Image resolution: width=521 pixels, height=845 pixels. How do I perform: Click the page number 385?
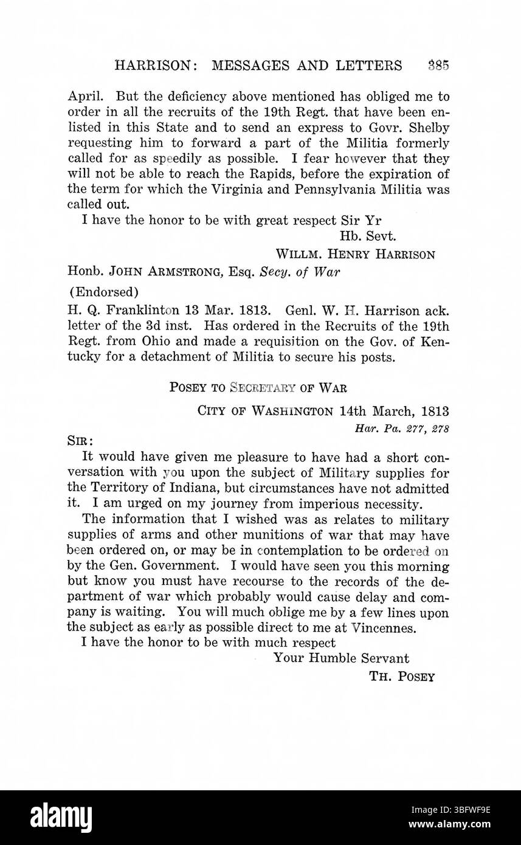[x=438, y=66]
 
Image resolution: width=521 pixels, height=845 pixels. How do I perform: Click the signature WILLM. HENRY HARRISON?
[x=356, y=255]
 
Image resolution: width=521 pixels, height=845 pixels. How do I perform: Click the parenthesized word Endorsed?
[x=104, y=292]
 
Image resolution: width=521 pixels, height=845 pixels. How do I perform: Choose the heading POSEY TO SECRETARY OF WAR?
[x=258, y=387]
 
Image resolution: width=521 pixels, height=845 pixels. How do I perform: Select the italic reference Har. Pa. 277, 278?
[x=402, y=428]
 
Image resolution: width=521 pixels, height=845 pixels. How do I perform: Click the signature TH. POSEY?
[x=402, y=677]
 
